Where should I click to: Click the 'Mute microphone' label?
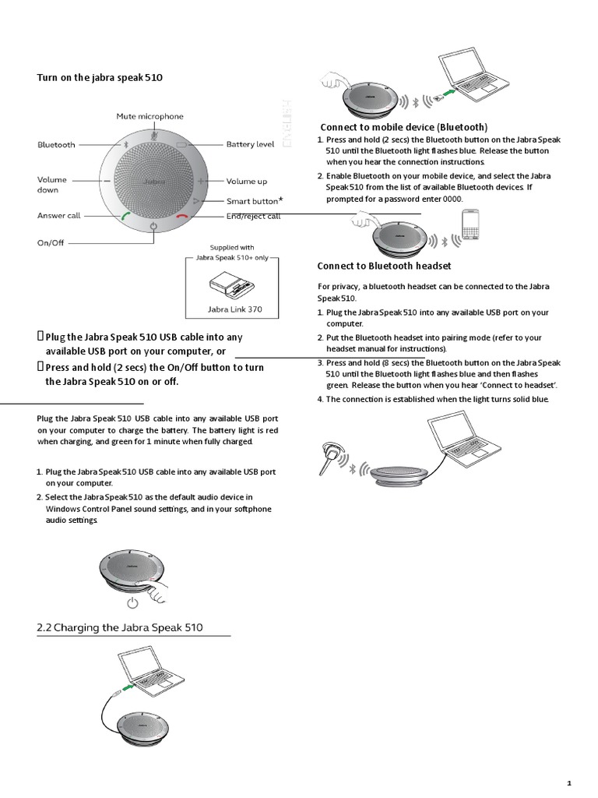(150, 116)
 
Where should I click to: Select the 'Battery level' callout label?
(250, 144)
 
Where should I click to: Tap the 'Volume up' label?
(246, 182)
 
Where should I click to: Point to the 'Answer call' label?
(59, 216)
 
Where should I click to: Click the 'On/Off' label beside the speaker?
(51, 243)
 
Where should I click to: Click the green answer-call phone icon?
(125, 217)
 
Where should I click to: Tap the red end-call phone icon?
(183, 217)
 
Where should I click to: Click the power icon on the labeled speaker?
(153, 226)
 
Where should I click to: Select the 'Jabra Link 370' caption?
(234, 309)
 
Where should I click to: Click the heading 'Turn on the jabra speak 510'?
(100, 78)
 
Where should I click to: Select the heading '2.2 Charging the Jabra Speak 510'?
(120, 627)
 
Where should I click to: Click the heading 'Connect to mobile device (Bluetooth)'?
(404, 127)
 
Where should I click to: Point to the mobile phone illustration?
(473, 227)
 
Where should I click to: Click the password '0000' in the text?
(452, 199)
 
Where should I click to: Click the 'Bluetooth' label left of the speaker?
(57, 145)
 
